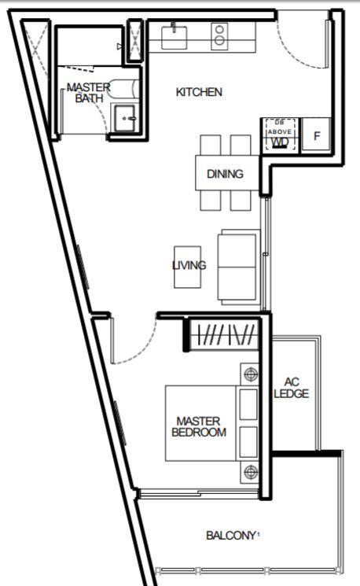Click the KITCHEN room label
pyautogui.click(x=199, y=92)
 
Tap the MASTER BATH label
pyautogui.click(x=89, y=93)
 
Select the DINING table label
pyautogui.click(x=225, y=174)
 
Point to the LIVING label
pyautogui.click(x=189, y=265)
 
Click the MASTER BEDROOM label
pyautogui.click(x=199, y=427)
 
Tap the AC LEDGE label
pyautogui.click(x=292, y=388)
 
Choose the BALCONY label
pyautogui.click(x=231, y=536)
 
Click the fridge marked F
pyautogui.click(x=316, y=135)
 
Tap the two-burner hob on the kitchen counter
pyautogui.click(x=219, y=36)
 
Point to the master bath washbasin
pyautogui.click(x=125, y=118)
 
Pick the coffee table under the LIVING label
pyautogui.click(x=188, y=267)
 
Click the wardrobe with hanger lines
pyautogui.click(x=224, y=334)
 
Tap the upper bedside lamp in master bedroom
pyautogui.click(x=249, y=374)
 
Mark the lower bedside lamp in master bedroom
pyautogui.click(x=250, y=472)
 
